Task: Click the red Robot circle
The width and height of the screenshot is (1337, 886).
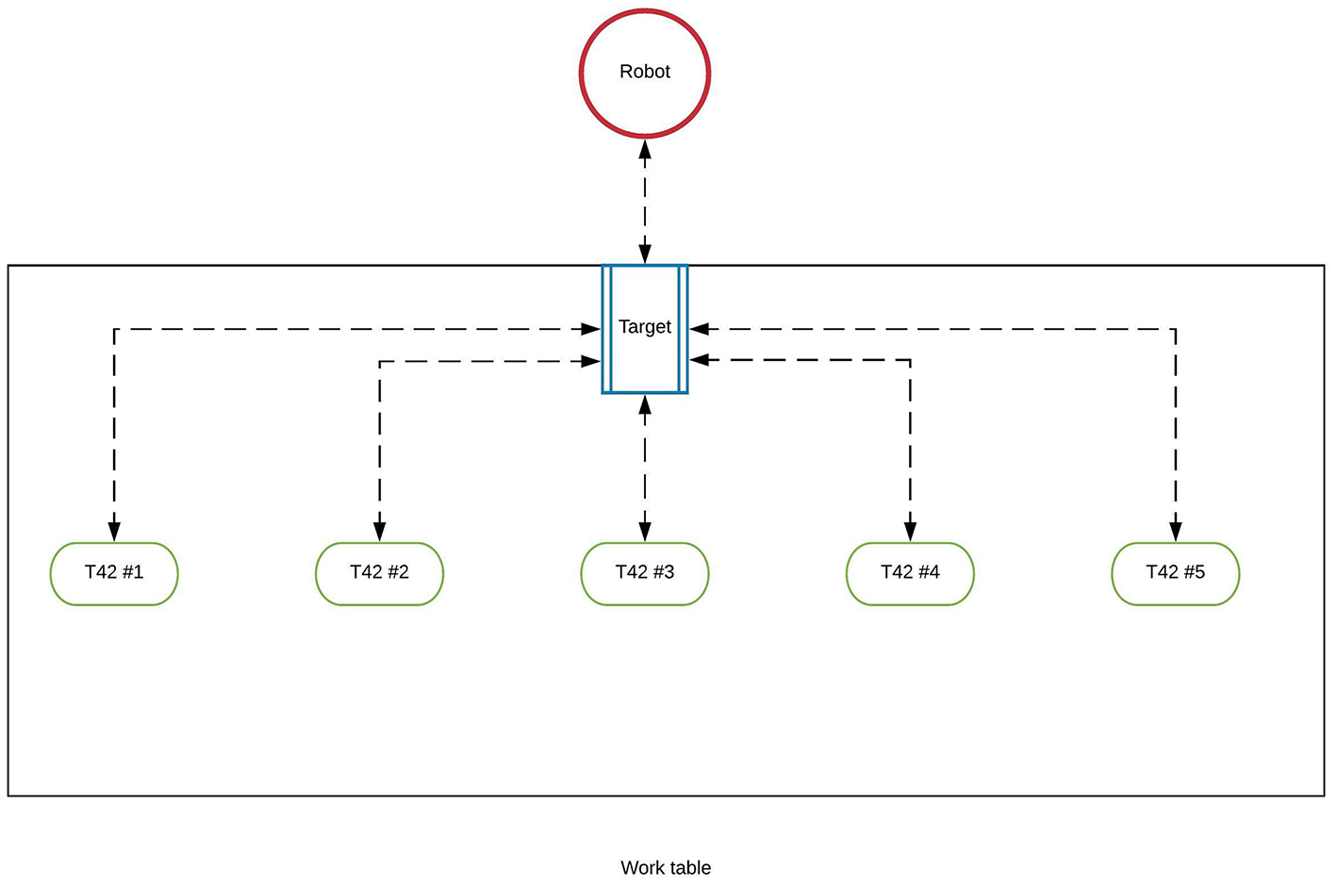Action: [644, 73]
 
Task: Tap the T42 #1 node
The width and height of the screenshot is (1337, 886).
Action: [114, 573]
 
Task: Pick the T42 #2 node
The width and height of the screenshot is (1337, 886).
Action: [379, 573]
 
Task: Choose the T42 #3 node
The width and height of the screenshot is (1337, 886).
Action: [644, 573]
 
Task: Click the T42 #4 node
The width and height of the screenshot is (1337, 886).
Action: [910, 573]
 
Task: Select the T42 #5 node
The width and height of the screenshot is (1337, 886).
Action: [1175, 573]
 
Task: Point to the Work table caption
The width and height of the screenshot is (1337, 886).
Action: [666, 868]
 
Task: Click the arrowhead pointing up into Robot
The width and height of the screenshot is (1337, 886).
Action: [644, 149]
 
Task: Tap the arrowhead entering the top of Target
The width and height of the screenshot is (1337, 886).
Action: [644, 254]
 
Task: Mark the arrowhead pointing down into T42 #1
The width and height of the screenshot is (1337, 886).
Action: [114, 531]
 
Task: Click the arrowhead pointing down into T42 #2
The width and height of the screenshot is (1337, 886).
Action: [379, 531]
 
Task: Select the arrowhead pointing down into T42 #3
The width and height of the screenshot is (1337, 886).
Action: [644, 531]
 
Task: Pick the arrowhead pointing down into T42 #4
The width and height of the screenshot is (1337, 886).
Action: [910, 531]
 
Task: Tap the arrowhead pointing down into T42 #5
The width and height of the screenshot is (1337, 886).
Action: [1175, 531]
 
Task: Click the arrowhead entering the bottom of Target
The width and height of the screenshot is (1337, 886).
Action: [644, 405]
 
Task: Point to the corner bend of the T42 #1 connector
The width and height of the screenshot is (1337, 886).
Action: [114, 329]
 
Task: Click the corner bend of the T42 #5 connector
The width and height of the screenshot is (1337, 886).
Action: [1175, 329]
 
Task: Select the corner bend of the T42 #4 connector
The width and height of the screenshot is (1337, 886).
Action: [910, 359]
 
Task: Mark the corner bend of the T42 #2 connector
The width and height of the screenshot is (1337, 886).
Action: [379, 361]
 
